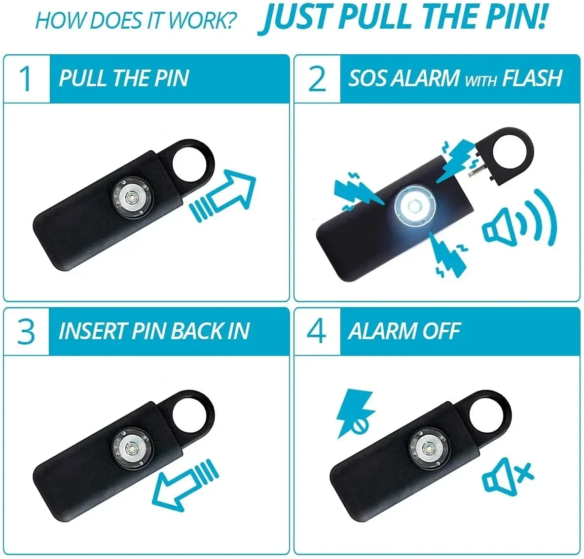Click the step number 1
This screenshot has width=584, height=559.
(26, 79)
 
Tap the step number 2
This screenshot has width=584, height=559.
(317, 79)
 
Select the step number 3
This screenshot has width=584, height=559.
(26, 331)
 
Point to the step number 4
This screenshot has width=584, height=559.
(317, 331)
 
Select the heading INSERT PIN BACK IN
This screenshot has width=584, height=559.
(154, 331)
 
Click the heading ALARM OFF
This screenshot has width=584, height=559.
(404, 331)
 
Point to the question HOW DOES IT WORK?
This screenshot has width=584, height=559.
(136, 21)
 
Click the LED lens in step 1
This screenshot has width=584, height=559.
(131, 198)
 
